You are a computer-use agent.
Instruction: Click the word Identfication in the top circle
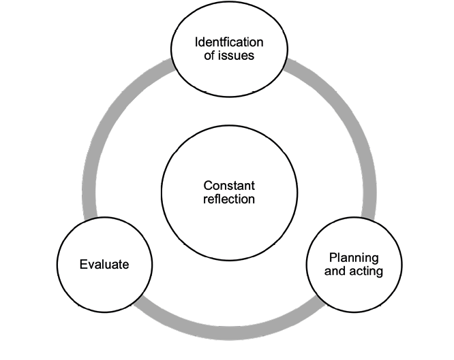point(229,42)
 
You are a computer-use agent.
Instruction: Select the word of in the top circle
point(211,56)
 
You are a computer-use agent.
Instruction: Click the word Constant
point(229,186)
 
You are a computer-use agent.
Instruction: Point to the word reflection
point(229,199)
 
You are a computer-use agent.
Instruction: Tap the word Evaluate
point(104,264)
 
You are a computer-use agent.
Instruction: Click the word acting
point(367,272)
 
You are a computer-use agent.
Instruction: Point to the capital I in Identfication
point(196,42)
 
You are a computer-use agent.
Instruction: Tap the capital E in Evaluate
point(82,264)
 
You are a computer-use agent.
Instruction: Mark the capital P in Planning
point(332,258)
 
